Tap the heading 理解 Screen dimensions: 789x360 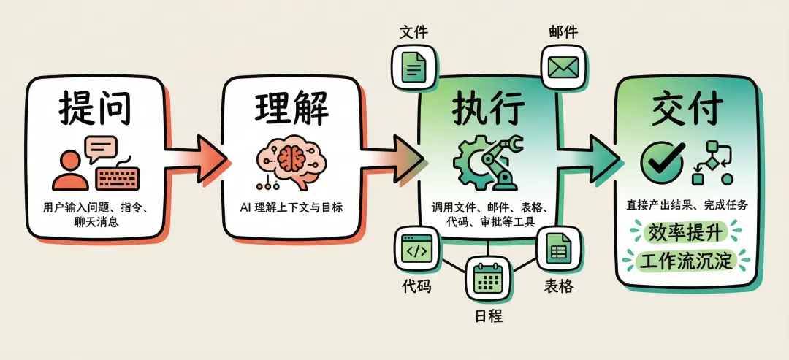pyautogui.click(x=291, y=109)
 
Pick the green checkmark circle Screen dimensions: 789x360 pyautogui.click(x=662, y=161)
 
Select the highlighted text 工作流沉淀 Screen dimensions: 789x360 pyautogui.click(x=685, y=260)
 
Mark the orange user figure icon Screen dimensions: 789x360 pyautogui.click(x=69, y=170)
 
